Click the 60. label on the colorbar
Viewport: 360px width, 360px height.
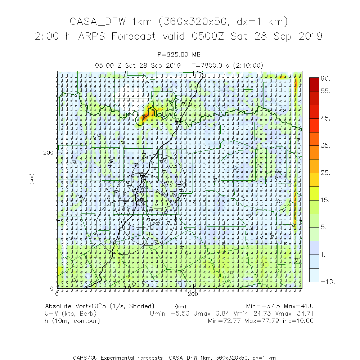(x=326, y=78)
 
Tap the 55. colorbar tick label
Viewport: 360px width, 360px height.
(x=326, y=91)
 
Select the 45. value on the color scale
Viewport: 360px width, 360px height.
(x=326, y=119)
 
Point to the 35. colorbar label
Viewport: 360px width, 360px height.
(x=326, y=146)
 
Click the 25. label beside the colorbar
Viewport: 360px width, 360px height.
(x=326, y=173)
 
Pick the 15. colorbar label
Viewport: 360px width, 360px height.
(x=326, y=201)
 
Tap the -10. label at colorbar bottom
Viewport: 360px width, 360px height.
(x=328, y=282)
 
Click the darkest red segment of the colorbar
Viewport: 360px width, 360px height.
(x=314, y=84)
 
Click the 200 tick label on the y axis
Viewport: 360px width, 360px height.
(x=48, y=153)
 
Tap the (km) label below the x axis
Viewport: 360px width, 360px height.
(x=180, y=306)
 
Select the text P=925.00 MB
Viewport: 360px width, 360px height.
(x=179, y=55)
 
